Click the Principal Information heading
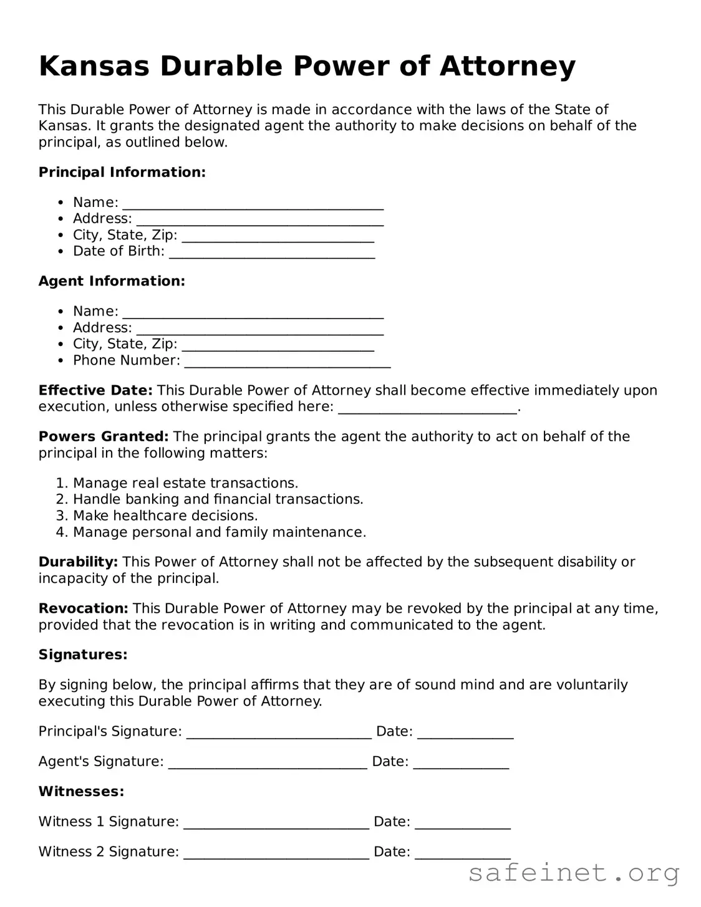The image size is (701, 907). click(x=122, y=173)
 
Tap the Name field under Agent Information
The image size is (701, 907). click(x=253, y=312)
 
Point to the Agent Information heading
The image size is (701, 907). click(x=112, y=282)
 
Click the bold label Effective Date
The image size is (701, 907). click(x=95, y=391)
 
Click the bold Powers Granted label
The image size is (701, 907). click(x=104, y=437)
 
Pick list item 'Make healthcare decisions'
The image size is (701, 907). click(x=165, y=516)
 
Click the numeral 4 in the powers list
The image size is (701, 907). click(x=60, y=532)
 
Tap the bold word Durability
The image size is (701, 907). click(x=78, y=562)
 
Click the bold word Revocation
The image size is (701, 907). click(x=83, y=608)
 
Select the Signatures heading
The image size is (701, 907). click(x=83, y=655)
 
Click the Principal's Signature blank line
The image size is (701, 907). click(x=279, y=733)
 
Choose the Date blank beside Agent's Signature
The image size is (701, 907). click(x=461, y=763)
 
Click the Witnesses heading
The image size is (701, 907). click(x=81, y=792)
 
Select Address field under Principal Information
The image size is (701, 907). click(x=259, y=220)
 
